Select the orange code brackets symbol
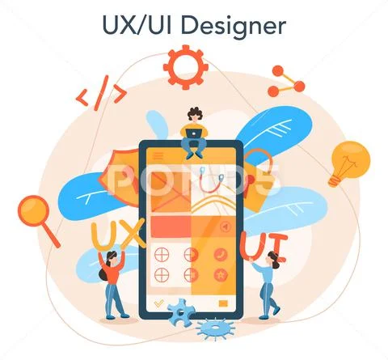tap(101, 93)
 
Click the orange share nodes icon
tap(286, 81)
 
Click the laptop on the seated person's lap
tap(194, 133)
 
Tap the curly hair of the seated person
tap(196, 112)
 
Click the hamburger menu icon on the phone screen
tap(158, 155)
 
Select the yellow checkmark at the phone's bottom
tap(158, 303)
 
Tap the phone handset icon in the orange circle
tap(221, 254)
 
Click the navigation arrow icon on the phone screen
tap(225, 227)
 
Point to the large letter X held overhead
tap(132, 234)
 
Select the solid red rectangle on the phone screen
tap(171, 227)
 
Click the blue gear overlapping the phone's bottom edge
tap(181, 312)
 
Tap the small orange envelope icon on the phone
tap(223, 303)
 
